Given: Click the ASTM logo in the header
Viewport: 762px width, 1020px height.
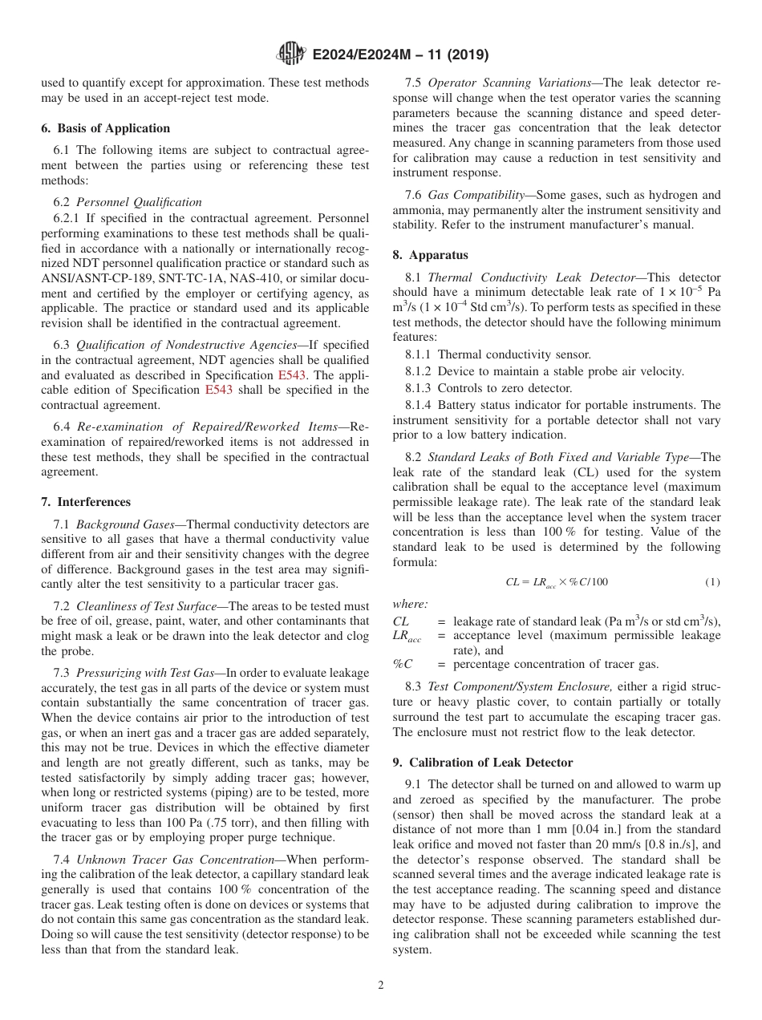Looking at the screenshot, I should point(290,55).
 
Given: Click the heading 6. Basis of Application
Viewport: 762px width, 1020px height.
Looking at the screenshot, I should point(105,128).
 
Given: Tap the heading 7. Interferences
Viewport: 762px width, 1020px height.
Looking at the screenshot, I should point(85,502).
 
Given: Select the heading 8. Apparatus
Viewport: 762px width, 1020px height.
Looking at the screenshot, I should point(430,255).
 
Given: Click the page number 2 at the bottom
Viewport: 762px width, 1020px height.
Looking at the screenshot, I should point(381,986).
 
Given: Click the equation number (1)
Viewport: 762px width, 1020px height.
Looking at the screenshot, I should point(712,582).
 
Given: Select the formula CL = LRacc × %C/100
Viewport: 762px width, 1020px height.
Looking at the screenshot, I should point(556,582).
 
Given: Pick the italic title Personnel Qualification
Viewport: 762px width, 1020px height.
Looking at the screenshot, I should point(139,202).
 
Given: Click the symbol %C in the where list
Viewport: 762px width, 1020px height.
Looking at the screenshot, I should point(403,664).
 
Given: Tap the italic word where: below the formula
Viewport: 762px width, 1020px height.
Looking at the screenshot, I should point(410,604).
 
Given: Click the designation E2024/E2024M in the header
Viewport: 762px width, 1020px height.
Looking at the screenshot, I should point(371,55).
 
